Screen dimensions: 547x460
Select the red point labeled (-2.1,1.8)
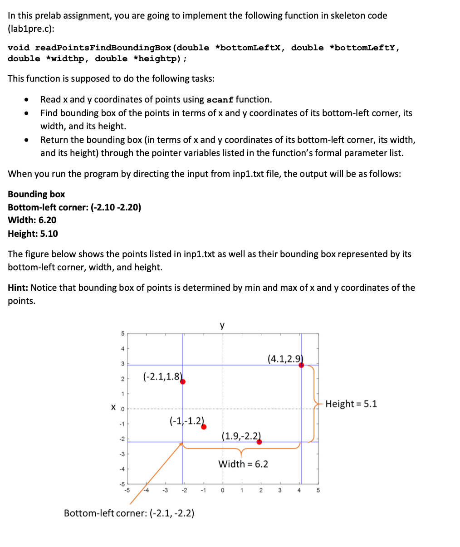tap(183, 381)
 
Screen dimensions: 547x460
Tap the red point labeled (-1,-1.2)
tap(204, 426)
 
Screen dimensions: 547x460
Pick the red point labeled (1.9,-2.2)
tap(259, 442)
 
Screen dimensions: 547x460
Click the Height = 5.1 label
tap(351, 404)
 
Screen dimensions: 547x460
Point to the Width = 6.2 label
tap(243, 464)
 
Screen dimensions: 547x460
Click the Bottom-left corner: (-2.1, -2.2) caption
tap(129, 513)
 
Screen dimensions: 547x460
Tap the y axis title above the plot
tap(222, 325)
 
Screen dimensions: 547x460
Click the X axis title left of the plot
tap(113, 408)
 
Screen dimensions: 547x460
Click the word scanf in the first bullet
tap(220, 100)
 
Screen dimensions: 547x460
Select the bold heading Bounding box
tap(36, 194)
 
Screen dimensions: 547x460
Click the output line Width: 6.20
tap(32, 220)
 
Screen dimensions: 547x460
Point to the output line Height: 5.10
tap(33, 234)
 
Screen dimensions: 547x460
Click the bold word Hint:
tap(18, 288)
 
